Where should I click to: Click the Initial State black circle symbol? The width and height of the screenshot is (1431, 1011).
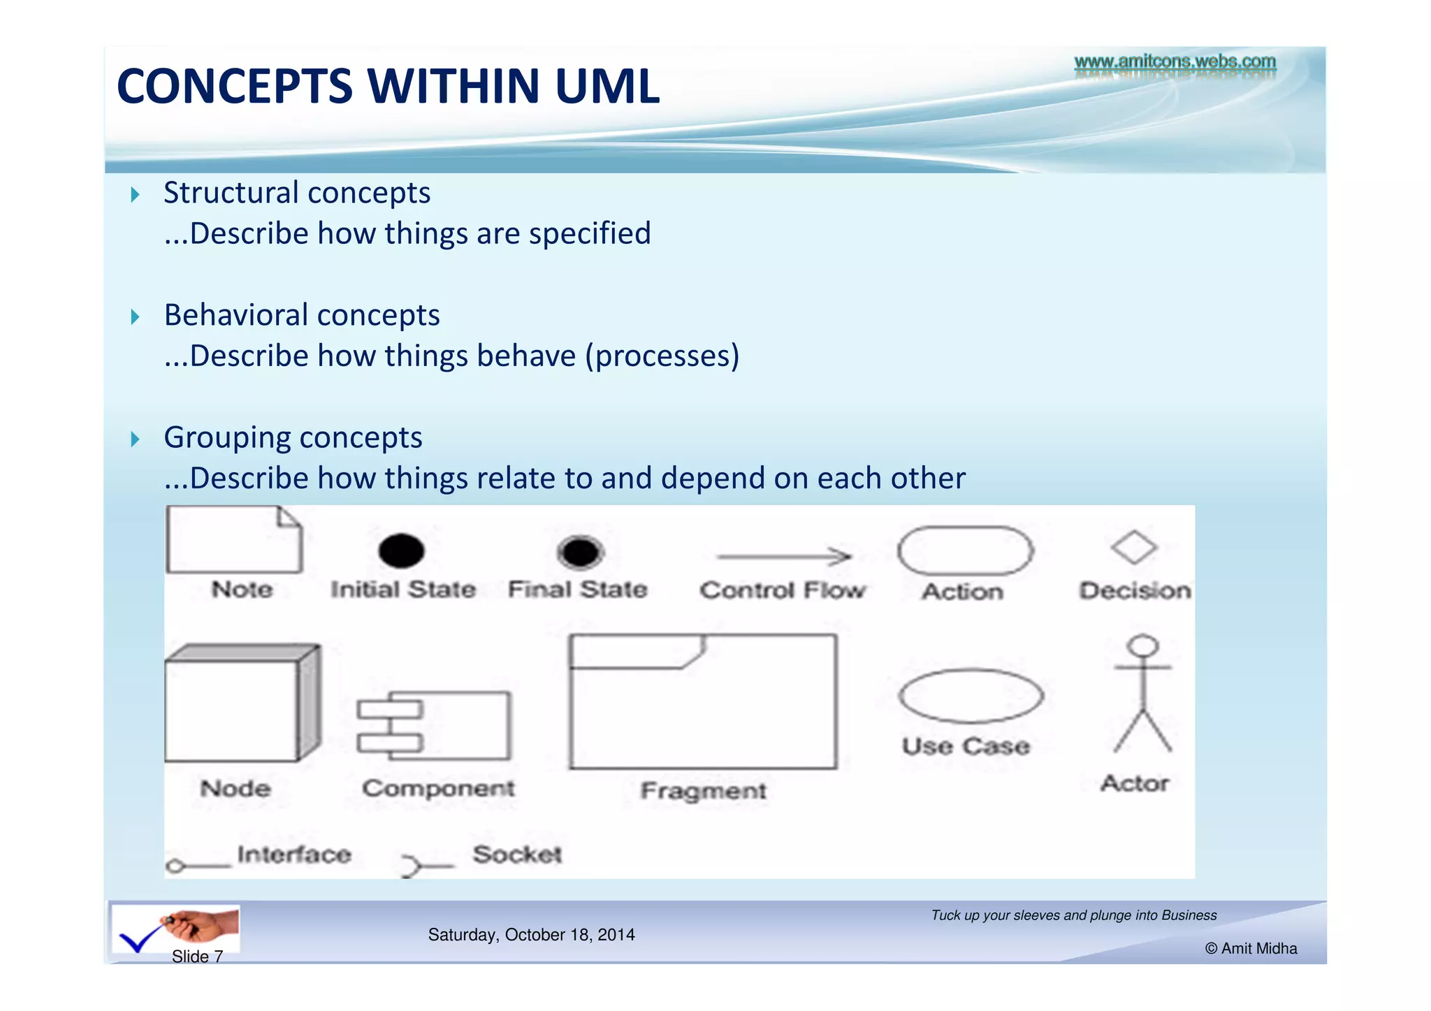pyautogui.click(x=401, y=551)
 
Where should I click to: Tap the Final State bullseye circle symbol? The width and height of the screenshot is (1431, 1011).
pyautogui.click(x=580, y=552)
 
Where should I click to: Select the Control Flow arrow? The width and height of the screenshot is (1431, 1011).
pyautogui.click(x=783, y=556)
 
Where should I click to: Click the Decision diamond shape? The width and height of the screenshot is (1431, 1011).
pyautogui.click(x=1133, y=547)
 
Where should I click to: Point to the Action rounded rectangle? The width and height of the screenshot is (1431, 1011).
pyautogui.click(x=965, y=551)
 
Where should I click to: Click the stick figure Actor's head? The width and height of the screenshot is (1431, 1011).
pyautogui.click(x=1143, y=645)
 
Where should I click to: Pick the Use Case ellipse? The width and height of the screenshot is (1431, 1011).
pyautogui.click(x=971, y=695)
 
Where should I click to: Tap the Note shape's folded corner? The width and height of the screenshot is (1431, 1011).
pyautogui.click(x=289, y=518)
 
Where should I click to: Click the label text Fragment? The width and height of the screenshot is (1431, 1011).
pyautogui.click(x=703, y=791)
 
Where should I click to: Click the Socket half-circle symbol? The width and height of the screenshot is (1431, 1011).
pyautogui.click(x=412, y=866)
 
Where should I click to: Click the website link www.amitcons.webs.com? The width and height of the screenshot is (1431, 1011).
pyautogui.click(x=1175, y=61)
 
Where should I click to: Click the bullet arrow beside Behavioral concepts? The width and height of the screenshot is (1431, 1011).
pyautogui.click(x=136, y=317)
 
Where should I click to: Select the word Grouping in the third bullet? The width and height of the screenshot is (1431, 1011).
pyautogui.click(x=224, y=438)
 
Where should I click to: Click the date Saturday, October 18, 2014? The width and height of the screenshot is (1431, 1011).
pyautogui.click(x=531, y=935)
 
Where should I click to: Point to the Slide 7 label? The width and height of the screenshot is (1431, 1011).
pyautogui.click(x=197, y=957)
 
